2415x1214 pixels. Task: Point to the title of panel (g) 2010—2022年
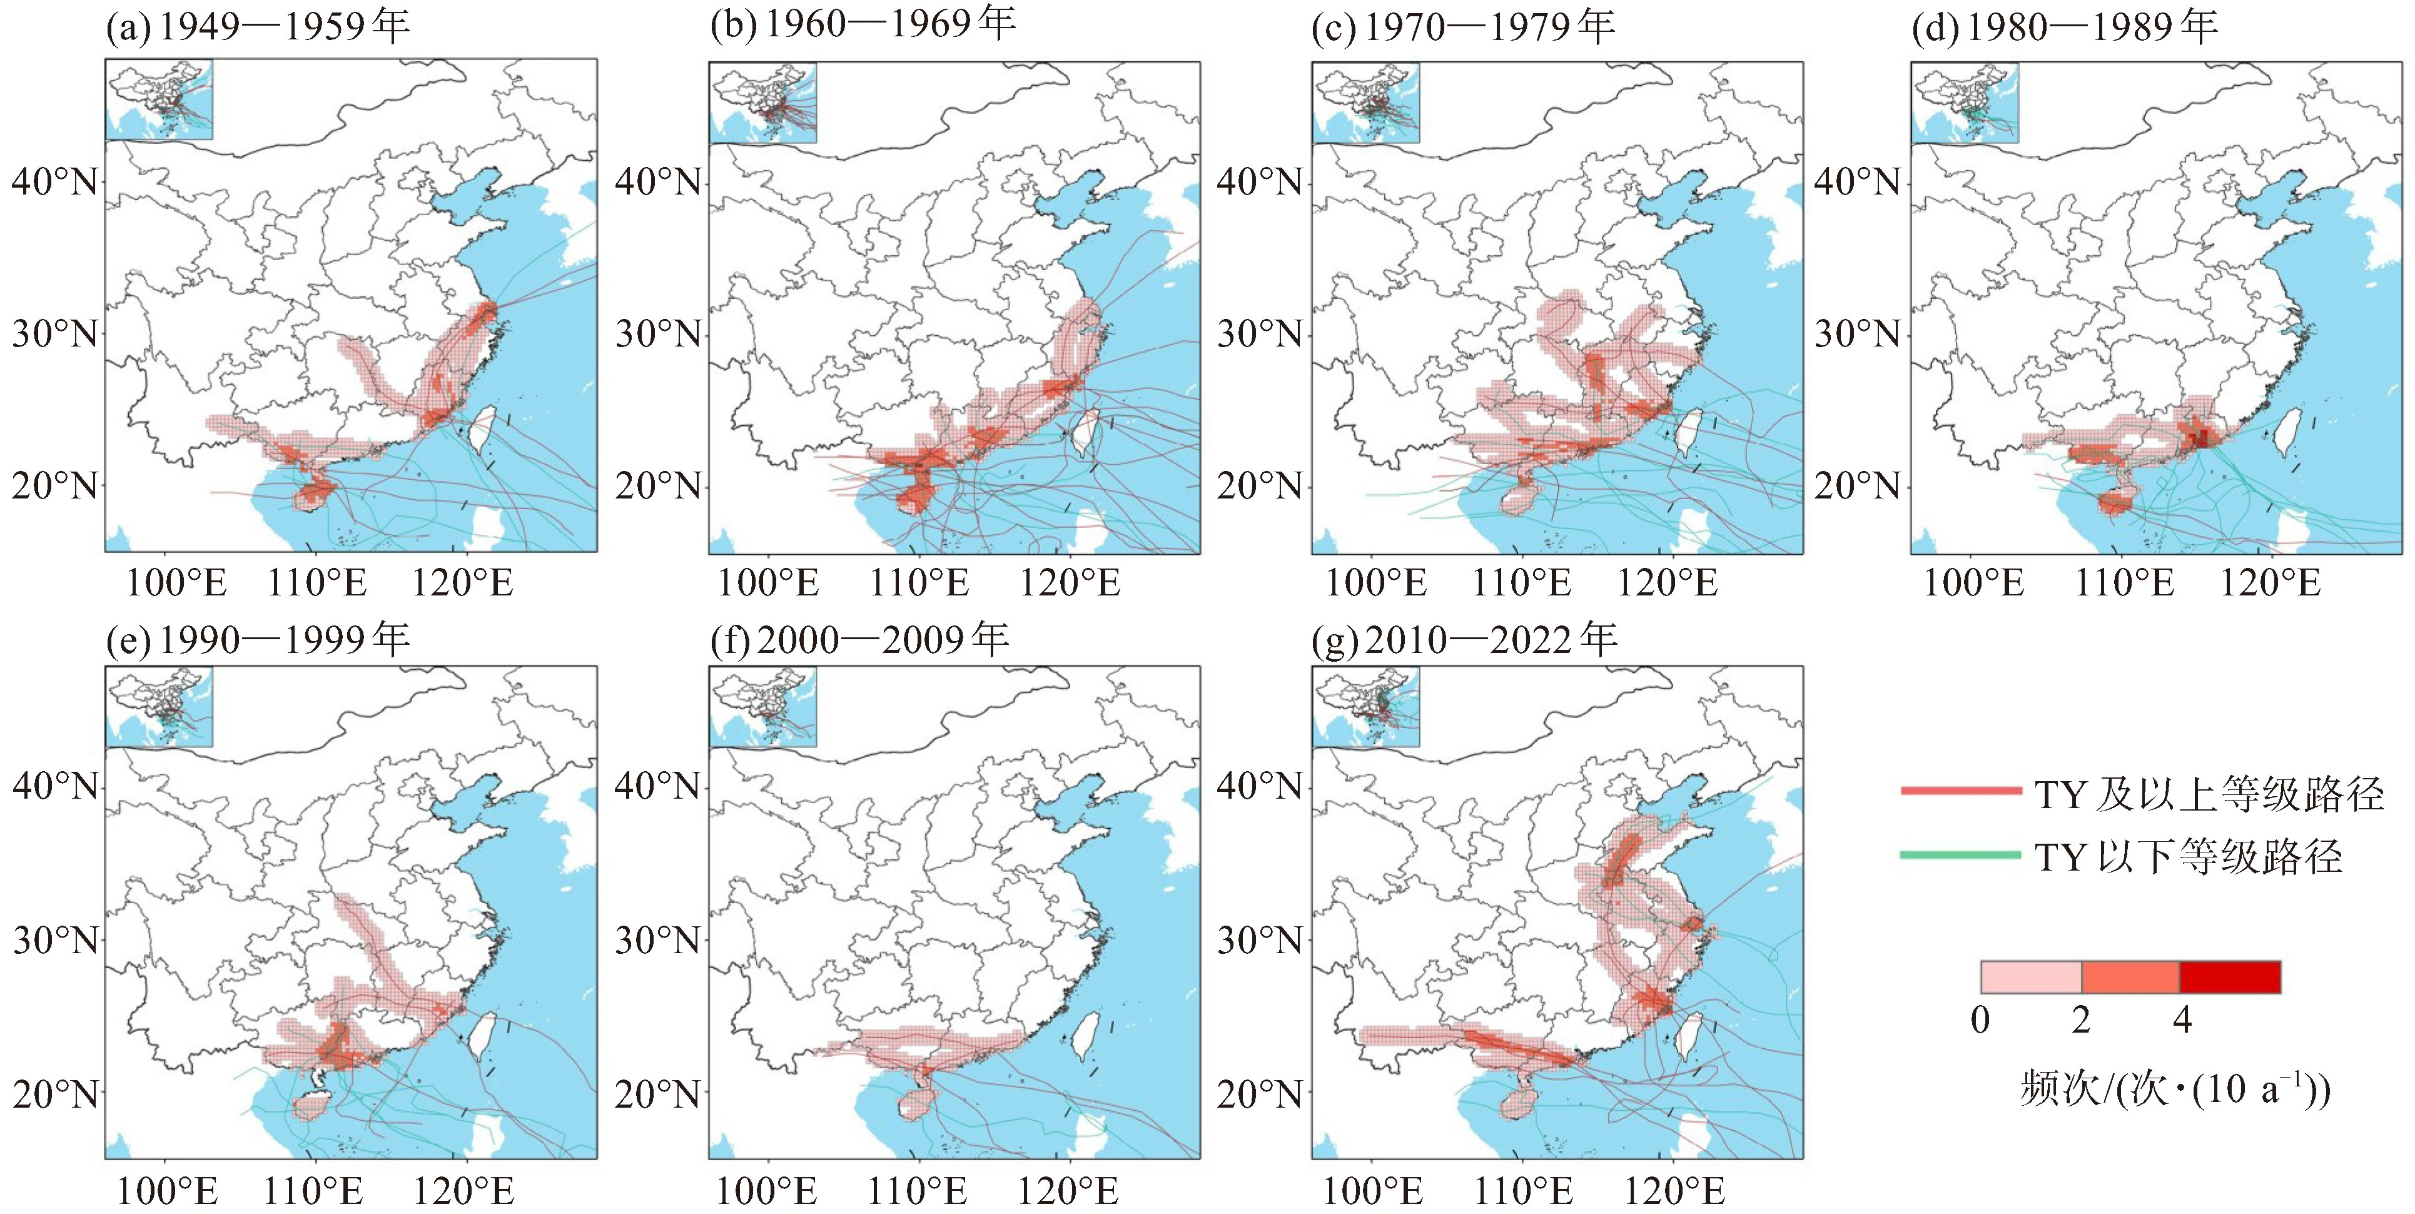coord(1464,640)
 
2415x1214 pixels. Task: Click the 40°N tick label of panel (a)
coord(54,181)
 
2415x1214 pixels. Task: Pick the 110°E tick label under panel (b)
coord(919,583)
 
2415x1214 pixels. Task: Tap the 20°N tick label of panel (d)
coord(1857,487)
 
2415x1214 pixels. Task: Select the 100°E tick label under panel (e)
coord(167,1191)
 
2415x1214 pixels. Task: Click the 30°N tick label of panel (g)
coord(1259,939)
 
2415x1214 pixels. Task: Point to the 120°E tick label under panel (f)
coord(1069,1191)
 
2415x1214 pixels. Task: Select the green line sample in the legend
coord(1960,855)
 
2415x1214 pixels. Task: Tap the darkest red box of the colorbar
coord(2229,977)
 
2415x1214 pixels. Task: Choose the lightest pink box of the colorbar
coord(2030,977)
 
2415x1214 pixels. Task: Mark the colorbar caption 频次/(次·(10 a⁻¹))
coord(2175,1090)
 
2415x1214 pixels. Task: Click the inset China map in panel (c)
coord(1365,102)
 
